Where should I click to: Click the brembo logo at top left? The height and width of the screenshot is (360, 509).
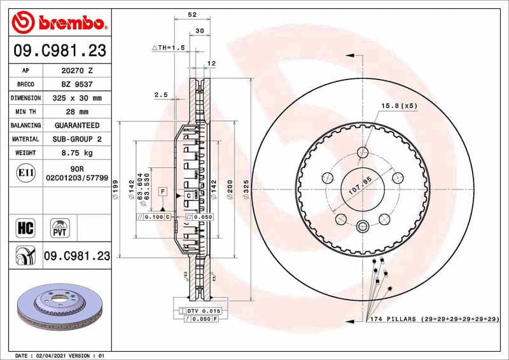pyautogui.click(x=59, y=23)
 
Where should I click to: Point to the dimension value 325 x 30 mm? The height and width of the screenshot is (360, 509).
pyautogui.click(x=76, y=98)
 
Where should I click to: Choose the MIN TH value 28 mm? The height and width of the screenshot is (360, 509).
pyautogui.click(x=76, y=112)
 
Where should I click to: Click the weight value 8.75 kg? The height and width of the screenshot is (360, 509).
pyautogui.click(x=76, y=153)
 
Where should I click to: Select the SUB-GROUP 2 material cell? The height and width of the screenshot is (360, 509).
pyautogui.click(x=76, y=139)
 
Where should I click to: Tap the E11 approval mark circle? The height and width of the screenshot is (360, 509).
pyautogui.click(x=26, y=172)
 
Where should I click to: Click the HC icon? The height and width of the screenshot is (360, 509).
pyautogui.click(x=27, y=227)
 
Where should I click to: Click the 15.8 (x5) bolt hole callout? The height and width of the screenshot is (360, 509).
pyautogui.click(x=398, y=106)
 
